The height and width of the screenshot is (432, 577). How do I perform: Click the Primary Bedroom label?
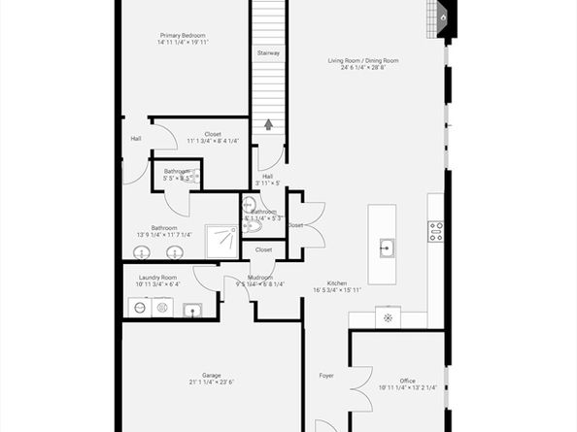[x=184, y=35]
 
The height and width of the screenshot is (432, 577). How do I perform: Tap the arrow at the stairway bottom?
[x=269, y=124]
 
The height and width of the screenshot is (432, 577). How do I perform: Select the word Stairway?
[x=269, y=52]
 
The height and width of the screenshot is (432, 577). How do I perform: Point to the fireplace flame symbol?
[x=443, y=16]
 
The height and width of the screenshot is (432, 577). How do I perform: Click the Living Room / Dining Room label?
[x=362, y=60]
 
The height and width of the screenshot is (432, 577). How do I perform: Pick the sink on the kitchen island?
[x=386, y=247]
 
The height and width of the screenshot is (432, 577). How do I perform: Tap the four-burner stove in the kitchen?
[x=436, y=231]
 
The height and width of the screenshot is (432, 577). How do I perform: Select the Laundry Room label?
[x=157, y=278]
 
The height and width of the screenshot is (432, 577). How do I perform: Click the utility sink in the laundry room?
[x=193, y=311]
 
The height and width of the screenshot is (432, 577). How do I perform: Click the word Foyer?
[x=326, y=375]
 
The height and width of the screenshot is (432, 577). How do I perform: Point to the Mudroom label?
[x=259, y=277]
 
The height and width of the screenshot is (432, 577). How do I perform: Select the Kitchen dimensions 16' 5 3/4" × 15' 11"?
[x=336, y=289]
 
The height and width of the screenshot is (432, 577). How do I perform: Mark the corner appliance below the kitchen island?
[x=389, y=318]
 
